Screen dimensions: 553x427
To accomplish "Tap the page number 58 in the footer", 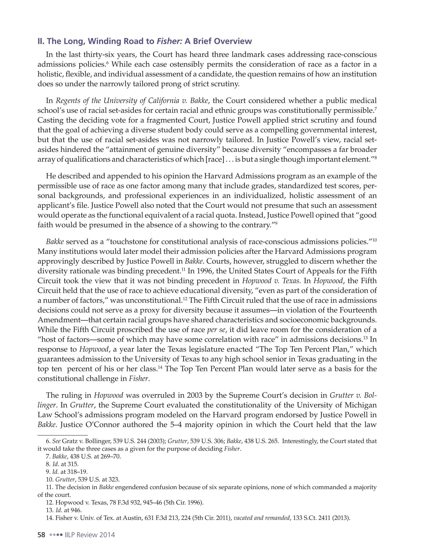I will click(x=41, y=535).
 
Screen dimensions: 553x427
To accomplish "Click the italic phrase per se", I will click(x=215, y=330).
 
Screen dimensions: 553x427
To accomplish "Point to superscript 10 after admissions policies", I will click(x=374, y=240).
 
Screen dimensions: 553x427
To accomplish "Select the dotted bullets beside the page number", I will click(x=56, y=535).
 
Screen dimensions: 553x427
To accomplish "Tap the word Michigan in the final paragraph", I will click(x=360, y=405).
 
